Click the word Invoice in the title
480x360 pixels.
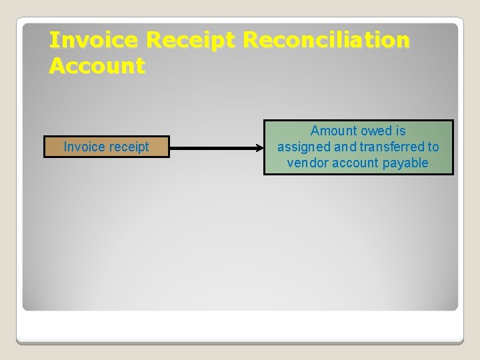(94, 41)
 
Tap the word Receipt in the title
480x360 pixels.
(191, 41)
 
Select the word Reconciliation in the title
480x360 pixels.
(327, 41)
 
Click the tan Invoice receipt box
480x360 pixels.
(107, 147)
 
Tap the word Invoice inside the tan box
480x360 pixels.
(85, 147)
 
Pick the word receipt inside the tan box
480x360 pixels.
(129, 147)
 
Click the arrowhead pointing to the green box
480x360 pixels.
(260, 147)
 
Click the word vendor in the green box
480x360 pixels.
(305, 163)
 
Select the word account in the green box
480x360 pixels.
(356, 163)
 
